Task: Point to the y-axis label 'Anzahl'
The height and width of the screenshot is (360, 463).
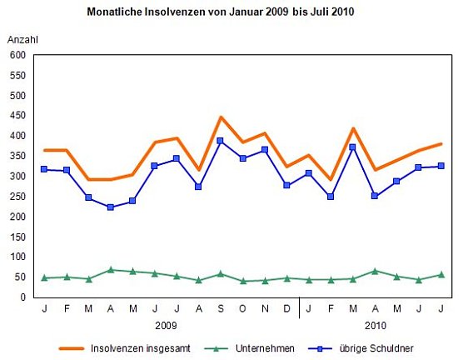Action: tap(22, 40)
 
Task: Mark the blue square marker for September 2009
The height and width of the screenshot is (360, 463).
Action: tap(221, 141)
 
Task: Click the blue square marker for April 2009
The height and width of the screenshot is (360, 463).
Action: tap(110, 207)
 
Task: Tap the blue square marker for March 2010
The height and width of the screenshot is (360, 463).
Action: tap(352, 147)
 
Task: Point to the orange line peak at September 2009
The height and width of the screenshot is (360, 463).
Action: tap(221, 117)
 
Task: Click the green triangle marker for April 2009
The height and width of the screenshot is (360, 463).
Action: tap(110, 269)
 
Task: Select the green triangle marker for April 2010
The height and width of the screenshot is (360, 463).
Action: tap(375, 271)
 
